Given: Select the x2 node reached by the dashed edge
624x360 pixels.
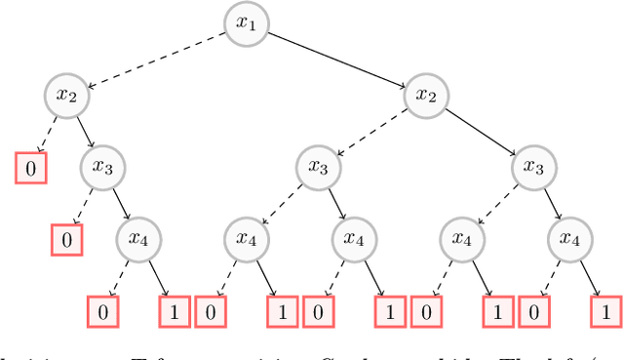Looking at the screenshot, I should point(67,95).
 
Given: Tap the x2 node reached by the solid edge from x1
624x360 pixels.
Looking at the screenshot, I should point(425,95).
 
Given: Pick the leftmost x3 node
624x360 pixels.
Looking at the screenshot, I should point(103,167).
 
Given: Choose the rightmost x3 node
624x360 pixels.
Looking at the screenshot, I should point(532,167).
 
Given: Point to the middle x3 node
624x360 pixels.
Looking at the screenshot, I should point(318,167).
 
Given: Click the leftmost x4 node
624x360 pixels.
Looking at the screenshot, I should point(139,239).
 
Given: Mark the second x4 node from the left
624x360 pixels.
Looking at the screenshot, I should point(247,239).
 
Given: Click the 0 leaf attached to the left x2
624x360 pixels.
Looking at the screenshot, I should point(30,168).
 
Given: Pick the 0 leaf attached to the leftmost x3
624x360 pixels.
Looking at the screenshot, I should point(66,239).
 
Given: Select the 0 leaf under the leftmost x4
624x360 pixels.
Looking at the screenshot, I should point(102,312).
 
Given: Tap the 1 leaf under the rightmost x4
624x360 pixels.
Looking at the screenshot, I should point(604,312).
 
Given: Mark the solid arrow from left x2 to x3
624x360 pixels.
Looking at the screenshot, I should point(86,131).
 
